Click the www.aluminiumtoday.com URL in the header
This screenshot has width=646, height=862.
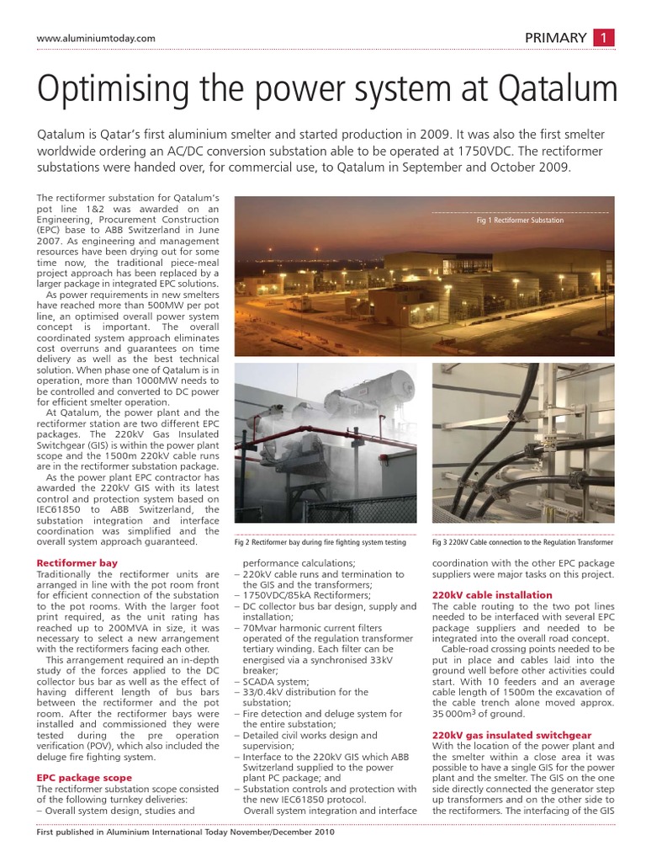click(x=97, y=39)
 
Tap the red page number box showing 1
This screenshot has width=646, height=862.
click(x=605, y=37)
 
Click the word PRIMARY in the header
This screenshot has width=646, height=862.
click(x=555, y=37)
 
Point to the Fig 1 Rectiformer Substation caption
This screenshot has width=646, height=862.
click(x=520, y=220)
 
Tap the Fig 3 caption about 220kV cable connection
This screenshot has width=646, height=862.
click(x=522, y=542)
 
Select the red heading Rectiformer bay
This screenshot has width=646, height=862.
click(x=76, y=562)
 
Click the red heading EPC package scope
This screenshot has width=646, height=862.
click(x=84, y=777)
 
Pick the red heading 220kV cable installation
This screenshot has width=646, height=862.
click(x=492, y=595)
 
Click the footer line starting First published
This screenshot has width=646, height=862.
click(x=187, y=832)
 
